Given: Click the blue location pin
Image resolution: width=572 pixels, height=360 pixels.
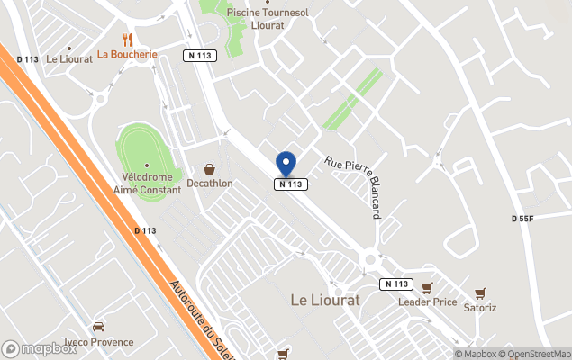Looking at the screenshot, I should (x=286, y=164).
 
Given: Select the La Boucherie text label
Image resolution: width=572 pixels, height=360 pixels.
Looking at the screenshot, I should (x=127, y=54).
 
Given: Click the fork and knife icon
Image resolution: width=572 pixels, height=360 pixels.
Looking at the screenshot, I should (x=127, y=40).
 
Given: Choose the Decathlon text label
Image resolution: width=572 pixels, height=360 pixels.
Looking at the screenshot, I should (x=209, y=184).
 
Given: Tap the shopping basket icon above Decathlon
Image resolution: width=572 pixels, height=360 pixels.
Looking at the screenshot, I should (x=210, y=168).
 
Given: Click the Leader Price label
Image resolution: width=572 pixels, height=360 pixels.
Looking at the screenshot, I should (x=427, y=301).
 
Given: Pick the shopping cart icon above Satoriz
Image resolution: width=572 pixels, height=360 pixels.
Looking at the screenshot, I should (x=479, y=292).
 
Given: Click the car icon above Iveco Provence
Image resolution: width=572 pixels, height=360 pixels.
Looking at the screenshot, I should (x=98, y=327).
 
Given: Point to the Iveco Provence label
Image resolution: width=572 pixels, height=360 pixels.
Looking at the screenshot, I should (x=98, y=342).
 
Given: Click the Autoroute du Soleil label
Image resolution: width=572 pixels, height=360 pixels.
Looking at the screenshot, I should (x=202, y=320).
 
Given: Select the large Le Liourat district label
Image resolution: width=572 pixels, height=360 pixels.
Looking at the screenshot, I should (x=324, y=299).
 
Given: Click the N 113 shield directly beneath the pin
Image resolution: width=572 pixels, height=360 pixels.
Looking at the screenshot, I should (x=292, y=184).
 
